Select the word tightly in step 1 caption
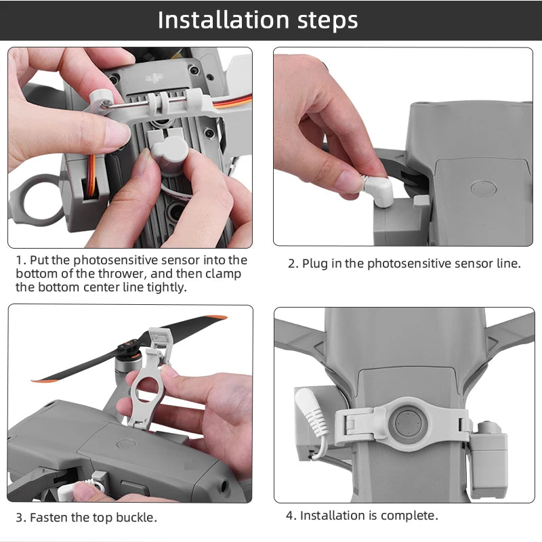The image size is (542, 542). tap(163, 287)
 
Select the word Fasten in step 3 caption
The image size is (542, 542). tap(51, 518)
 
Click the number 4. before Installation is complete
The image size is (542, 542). tap(291, 516)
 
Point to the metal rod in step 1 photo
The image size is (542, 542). tap(135, 104)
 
